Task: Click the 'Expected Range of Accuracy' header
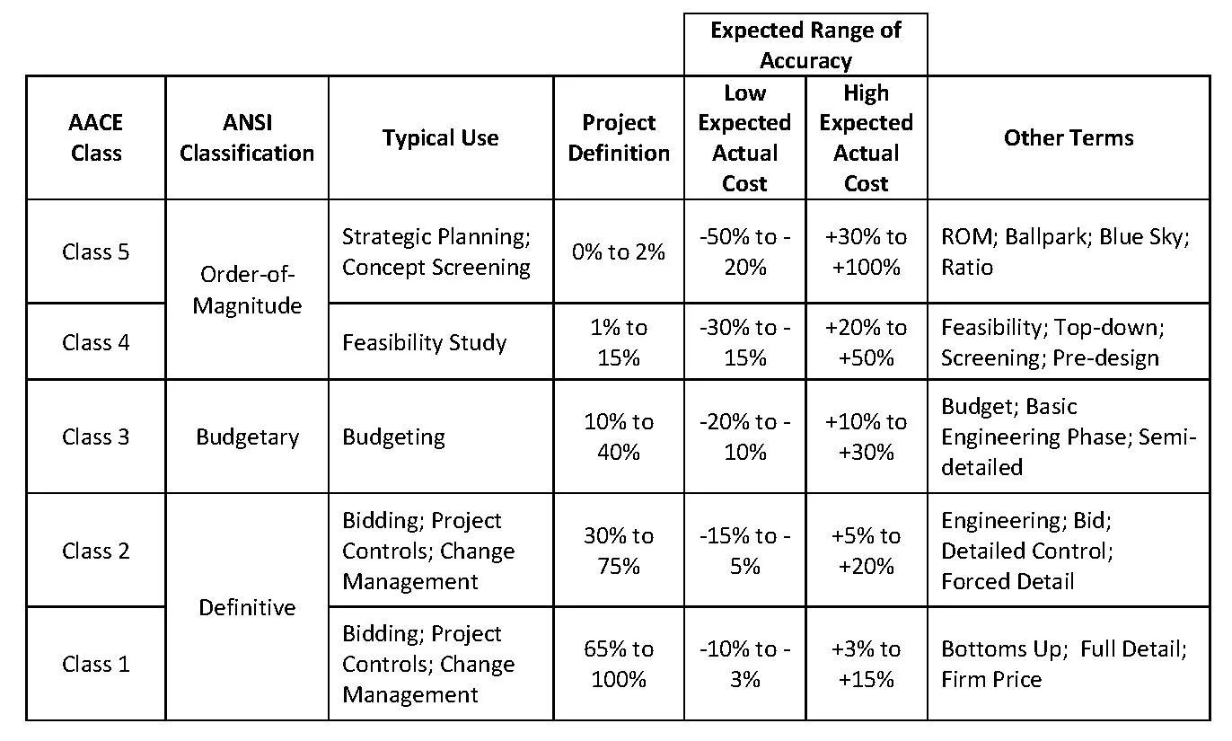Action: point(805,45)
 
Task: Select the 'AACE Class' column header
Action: point(96,137)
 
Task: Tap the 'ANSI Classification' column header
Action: point(247,137)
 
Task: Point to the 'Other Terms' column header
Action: point(1069,137)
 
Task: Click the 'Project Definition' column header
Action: point(619,137)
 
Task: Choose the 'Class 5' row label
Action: point(96,251)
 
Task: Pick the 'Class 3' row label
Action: point(96,437)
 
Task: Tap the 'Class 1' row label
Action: point(96,664)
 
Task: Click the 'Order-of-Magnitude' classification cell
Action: point(247,289)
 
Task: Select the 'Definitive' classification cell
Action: point(247,607)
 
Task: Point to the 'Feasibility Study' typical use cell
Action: point(424,342)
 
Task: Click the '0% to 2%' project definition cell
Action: point(619,251)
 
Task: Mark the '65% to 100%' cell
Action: point(619,664)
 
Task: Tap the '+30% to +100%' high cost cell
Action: point(867,251)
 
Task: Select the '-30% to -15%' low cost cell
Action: point(745,342)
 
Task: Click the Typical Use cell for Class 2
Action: point(428,551)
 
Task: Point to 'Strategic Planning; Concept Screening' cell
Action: point(436,251)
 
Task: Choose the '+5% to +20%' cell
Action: point(867,551)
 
